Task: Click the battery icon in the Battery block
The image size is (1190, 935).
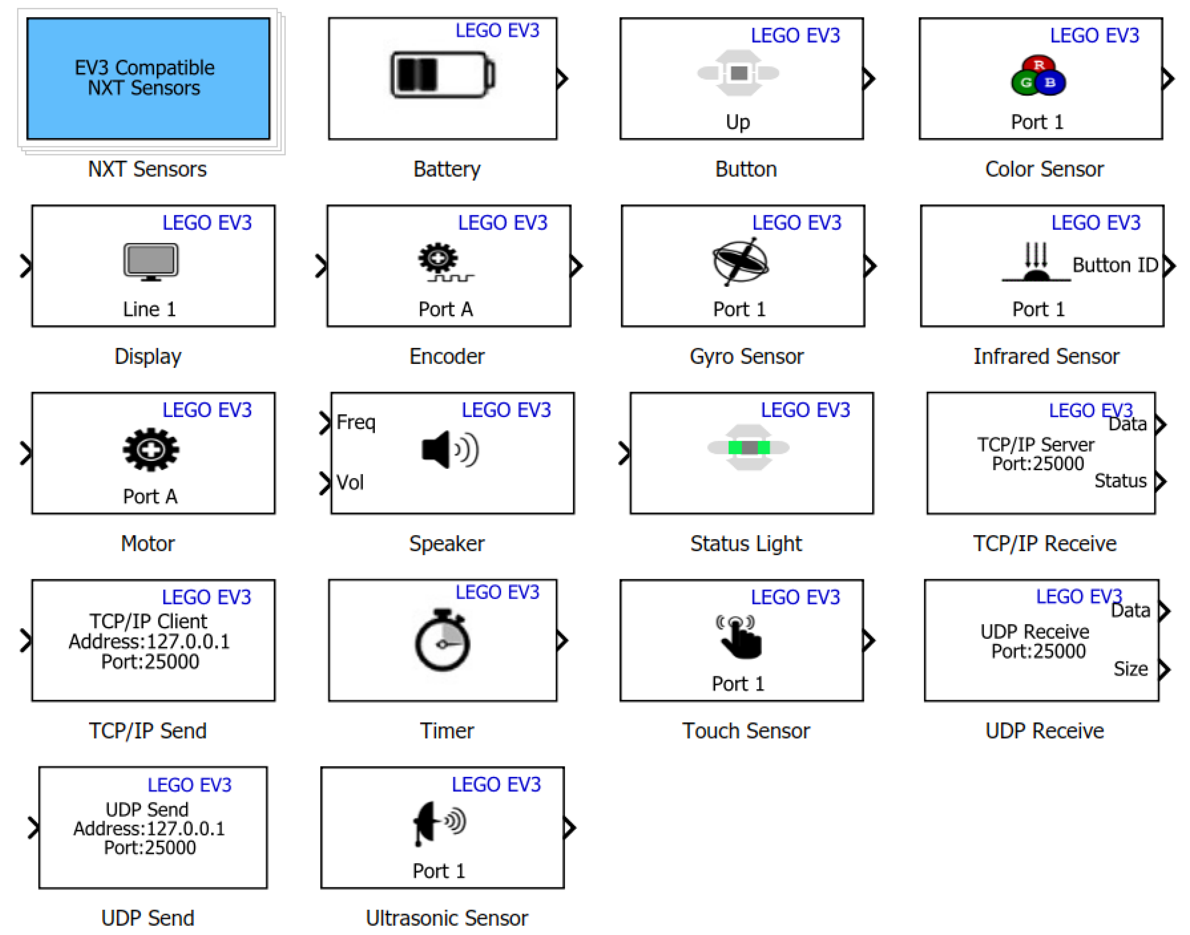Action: tap(442, 74)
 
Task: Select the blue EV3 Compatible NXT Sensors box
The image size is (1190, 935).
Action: tap(148, 78)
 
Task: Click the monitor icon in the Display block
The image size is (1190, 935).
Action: tap(151, 261)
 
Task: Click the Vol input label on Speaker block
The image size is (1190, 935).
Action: tap(350, 482)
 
